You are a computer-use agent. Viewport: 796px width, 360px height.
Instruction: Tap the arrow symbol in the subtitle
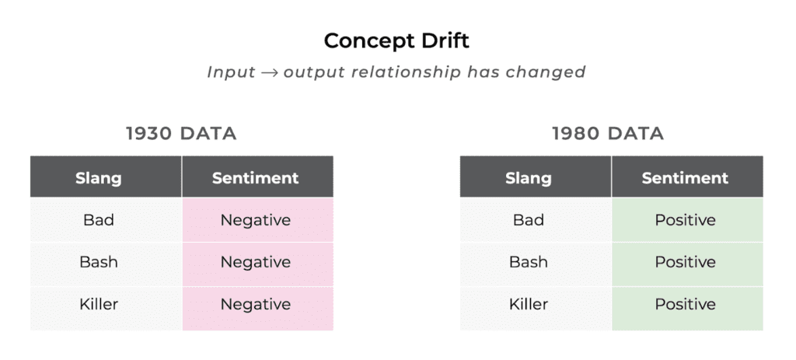click(269, 72)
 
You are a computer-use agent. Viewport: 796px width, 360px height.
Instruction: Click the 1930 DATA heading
click(181, 134)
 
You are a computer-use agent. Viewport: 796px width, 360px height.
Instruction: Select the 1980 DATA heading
click(608, 134)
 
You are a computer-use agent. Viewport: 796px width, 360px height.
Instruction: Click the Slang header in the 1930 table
click(99, 178)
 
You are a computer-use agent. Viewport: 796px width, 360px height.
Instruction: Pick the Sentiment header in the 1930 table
click(255, 178)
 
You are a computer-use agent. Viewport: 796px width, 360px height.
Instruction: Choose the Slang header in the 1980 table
click(528, 178)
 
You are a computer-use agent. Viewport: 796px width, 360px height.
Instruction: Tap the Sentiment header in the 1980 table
click(685, 178)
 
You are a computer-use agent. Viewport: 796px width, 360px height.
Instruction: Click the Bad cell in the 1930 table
click(99, 220)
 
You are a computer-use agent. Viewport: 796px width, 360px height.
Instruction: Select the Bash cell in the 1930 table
click(99, 262)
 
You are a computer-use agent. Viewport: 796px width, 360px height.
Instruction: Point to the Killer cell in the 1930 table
click(99, 304)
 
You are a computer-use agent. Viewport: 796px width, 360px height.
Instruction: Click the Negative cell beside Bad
click(255, 220)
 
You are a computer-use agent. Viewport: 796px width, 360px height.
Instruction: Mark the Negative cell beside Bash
click(255, 262)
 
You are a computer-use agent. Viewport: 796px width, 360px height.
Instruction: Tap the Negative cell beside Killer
click(255, 304)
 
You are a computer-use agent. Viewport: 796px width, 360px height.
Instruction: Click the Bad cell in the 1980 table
click(528, 220)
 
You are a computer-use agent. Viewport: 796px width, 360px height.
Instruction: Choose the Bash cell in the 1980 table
click(528, 262)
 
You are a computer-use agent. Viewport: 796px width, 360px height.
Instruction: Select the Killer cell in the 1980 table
click(528, 304)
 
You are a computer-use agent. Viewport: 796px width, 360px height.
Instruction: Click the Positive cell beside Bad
click(685, 220)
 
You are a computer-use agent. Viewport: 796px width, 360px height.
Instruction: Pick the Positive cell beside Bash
click(685, 262)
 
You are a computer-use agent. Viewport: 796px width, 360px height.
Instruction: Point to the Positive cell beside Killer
click(685, 304)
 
